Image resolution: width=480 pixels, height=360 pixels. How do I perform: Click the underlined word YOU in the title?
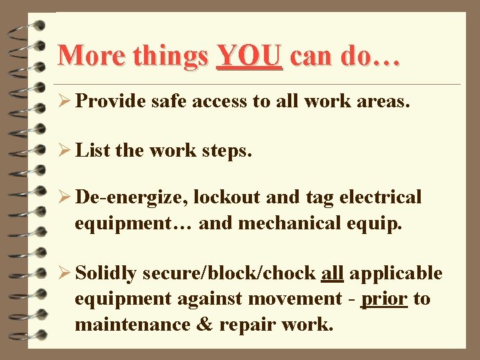tap(251, 56)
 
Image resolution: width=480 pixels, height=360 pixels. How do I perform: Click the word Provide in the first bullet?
tap(111, 101)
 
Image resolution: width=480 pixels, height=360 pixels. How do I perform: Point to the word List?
tap(93, 150)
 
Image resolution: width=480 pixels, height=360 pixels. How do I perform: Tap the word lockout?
tap(227, 198)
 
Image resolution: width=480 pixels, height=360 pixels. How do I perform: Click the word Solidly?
tap(107, 273)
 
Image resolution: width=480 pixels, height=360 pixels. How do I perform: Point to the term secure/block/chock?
tap(229, 273)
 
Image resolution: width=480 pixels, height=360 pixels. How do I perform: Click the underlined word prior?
tap(383, 299)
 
